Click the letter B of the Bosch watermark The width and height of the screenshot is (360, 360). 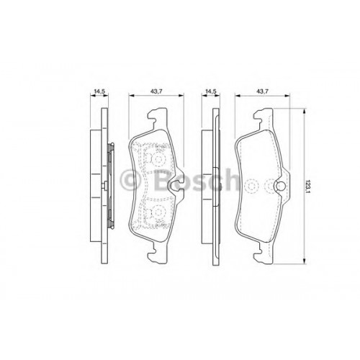tap(163, 180)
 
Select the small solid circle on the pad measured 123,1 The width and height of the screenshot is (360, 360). tap(281, 186)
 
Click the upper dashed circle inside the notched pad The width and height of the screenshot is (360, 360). tap(158, 158)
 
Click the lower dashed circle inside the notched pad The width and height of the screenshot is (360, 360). tap(158, 212)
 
